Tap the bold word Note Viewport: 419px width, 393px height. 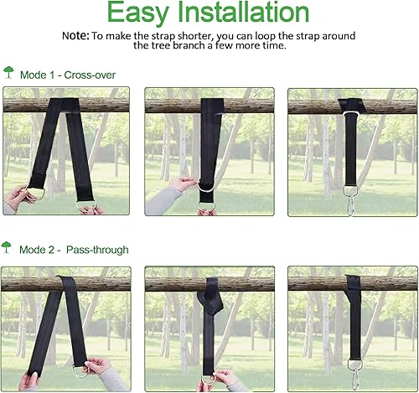[76, 37]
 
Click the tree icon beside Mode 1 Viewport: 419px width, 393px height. [8, 73]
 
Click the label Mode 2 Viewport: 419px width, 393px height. [36, 250]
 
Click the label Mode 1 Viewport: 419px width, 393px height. [36, 75]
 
